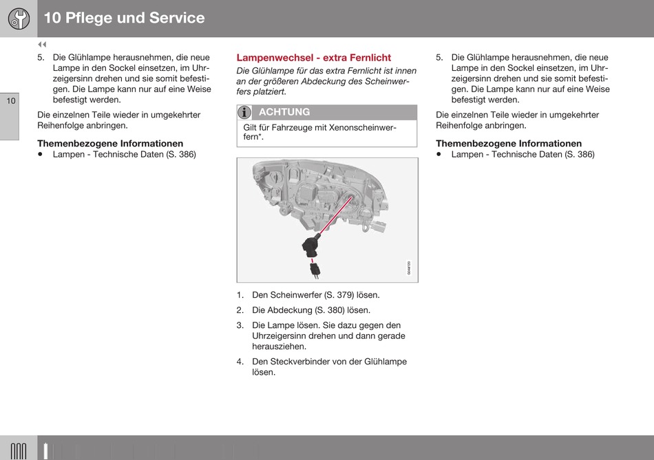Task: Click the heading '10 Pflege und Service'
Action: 125,19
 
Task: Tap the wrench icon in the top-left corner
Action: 19,19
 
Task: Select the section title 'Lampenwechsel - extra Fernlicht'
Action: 313,58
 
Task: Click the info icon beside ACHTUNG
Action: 244,112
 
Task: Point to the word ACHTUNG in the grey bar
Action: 284,112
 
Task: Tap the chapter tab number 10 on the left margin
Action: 10,102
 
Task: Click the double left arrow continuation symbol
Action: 41,45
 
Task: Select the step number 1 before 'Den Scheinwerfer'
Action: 240,295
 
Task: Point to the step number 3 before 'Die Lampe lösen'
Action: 240,325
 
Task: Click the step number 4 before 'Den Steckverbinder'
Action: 240,362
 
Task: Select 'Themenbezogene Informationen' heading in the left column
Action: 110,144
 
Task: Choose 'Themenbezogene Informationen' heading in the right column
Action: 509,144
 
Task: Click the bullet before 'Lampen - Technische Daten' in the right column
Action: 440,155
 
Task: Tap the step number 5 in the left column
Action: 41,58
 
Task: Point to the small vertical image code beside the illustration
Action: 409,267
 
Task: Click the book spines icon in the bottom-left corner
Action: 19,450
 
